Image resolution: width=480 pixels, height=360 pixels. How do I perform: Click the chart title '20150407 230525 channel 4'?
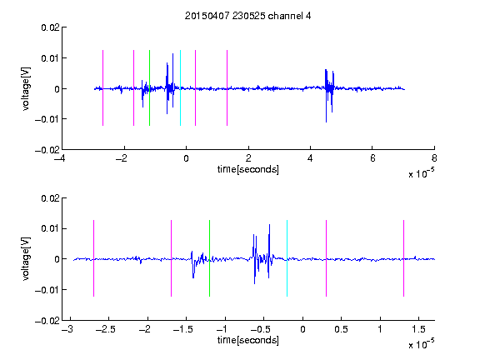(x=247, y=16)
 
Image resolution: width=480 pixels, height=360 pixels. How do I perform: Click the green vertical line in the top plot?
(x=149, y=87)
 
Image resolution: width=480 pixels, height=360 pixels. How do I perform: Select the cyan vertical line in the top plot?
(x=180, y=87)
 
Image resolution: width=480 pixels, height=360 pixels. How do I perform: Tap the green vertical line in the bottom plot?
(x=209, y=258)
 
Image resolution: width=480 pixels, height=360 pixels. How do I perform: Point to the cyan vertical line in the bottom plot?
(x=287, y=258)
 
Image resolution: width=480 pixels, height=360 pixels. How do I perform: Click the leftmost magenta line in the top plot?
(x=102, y=87)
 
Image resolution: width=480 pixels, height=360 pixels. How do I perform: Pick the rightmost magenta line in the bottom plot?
(x=403, y=258)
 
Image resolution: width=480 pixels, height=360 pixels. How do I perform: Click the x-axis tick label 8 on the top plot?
(x=434, y=158)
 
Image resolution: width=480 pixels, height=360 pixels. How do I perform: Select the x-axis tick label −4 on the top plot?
(x=60, y=158)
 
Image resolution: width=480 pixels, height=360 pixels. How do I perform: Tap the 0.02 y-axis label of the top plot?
(x=51, y=27)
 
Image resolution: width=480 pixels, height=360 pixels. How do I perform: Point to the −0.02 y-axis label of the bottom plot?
(x=47, y=321)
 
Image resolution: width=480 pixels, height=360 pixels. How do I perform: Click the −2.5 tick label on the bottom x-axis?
(x=106, y=329)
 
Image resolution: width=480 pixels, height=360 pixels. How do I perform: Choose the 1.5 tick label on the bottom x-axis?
(x=418, y=329)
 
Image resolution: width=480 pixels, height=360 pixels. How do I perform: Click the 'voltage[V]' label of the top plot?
(x=26, y=89)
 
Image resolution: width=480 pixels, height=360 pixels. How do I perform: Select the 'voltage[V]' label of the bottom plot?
(x=26, y=258)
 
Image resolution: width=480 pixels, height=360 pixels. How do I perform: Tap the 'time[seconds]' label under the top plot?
(x=248, y=169)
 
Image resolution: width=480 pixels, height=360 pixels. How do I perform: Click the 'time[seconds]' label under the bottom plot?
(x=248, y=340)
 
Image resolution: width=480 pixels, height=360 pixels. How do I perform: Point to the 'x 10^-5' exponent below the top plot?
(x=421, y=173)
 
